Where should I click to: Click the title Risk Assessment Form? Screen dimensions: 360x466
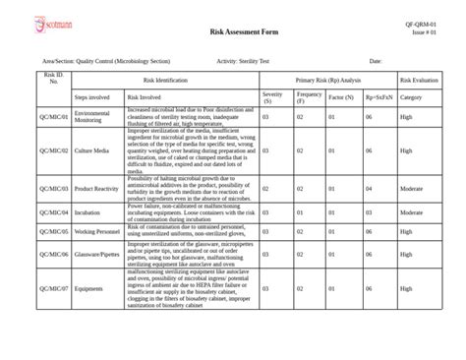(x=244, y=32)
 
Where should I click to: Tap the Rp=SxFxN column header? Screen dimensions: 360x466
(x=376, y=97)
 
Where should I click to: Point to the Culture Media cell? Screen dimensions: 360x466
(x=90, y=151)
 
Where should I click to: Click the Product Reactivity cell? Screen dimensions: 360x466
(x=97, y=188)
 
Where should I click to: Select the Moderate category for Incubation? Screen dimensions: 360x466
(x=413, y=211)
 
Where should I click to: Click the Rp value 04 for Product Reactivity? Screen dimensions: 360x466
(x=369, y=188)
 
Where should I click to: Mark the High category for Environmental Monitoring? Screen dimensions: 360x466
(x=406, y=117)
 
